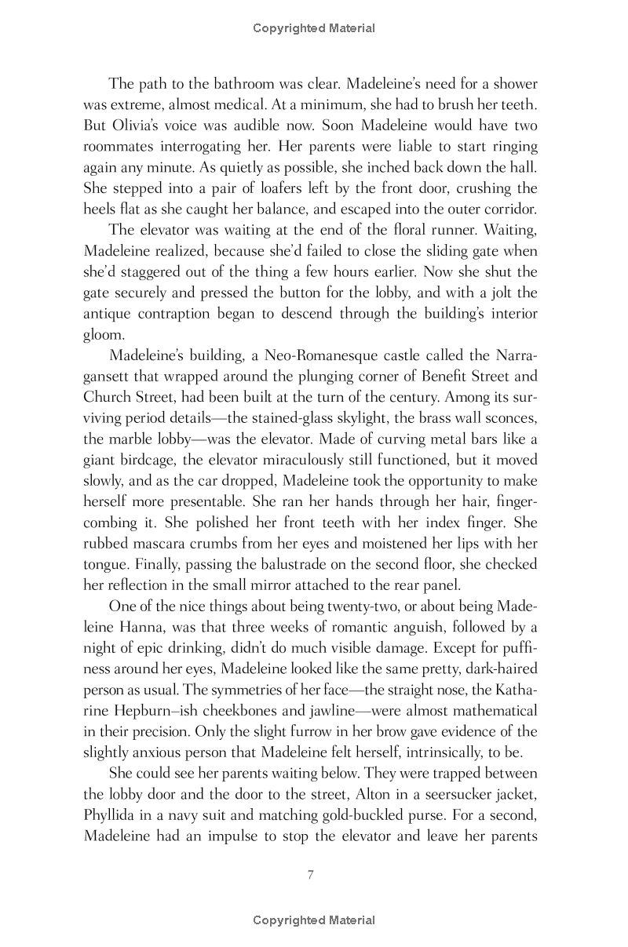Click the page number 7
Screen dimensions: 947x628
(x=311, y=875)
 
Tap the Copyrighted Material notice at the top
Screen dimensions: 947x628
(x=314, y=28)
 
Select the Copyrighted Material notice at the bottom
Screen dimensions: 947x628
(x=314, y=920)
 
